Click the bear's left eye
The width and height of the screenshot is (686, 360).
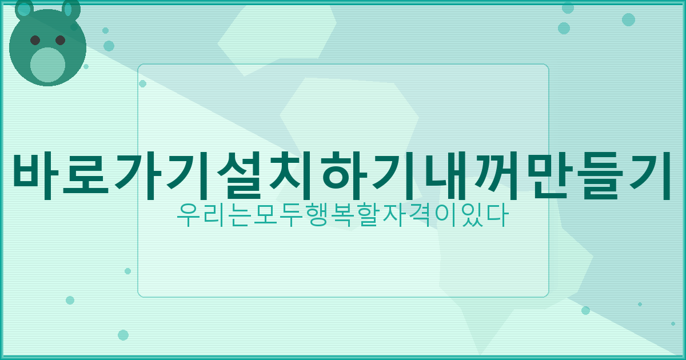coord(35,40)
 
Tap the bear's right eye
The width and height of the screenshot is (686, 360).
coord(60,40)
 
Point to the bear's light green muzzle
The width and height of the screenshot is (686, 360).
coord(47,65)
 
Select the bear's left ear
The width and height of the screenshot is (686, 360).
coord(24,9)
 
